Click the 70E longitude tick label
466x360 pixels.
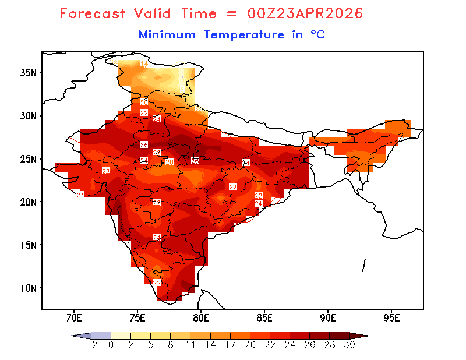click(x=73, y=318)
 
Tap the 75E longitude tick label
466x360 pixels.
click(x=137, y=318)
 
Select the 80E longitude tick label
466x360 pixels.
click(x=201, y=318)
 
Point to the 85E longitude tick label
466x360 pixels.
click(x=264, y=318)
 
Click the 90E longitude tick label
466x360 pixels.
click(x=328, y=318)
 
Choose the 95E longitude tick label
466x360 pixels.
click(x=392, y=318)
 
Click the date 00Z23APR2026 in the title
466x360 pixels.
click(x=301, y=13)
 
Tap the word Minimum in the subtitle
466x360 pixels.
click(x=167, y=35)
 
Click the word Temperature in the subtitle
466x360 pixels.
click(x=243, y=35)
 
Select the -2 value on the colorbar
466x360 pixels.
click(x=91, y=344)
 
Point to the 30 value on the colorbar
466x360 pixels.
click(x=349, y=344)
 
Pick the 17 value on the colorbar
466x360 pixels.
click(x=230, y=344)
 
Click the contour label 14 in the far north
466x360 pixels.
click(x=143, y=63)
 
